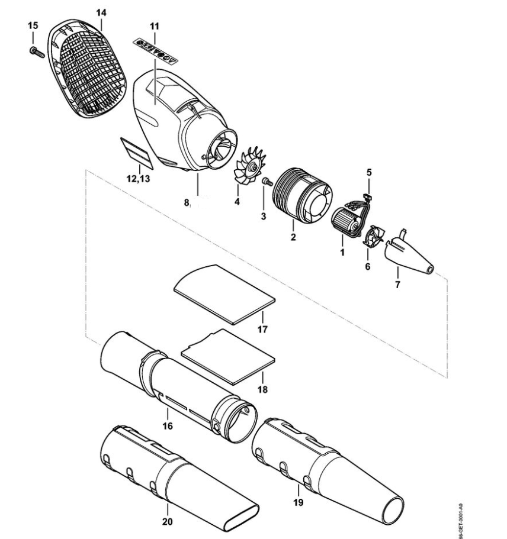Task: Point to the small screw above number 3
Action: click(267, 181)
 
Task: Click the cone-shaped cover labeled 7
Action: click(411, 254)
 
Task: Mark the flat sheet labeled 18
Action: click(229, 355)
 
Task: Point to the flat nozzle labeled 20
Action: click(178, 479)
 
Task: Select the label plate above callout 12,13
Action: click(136, 151)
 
